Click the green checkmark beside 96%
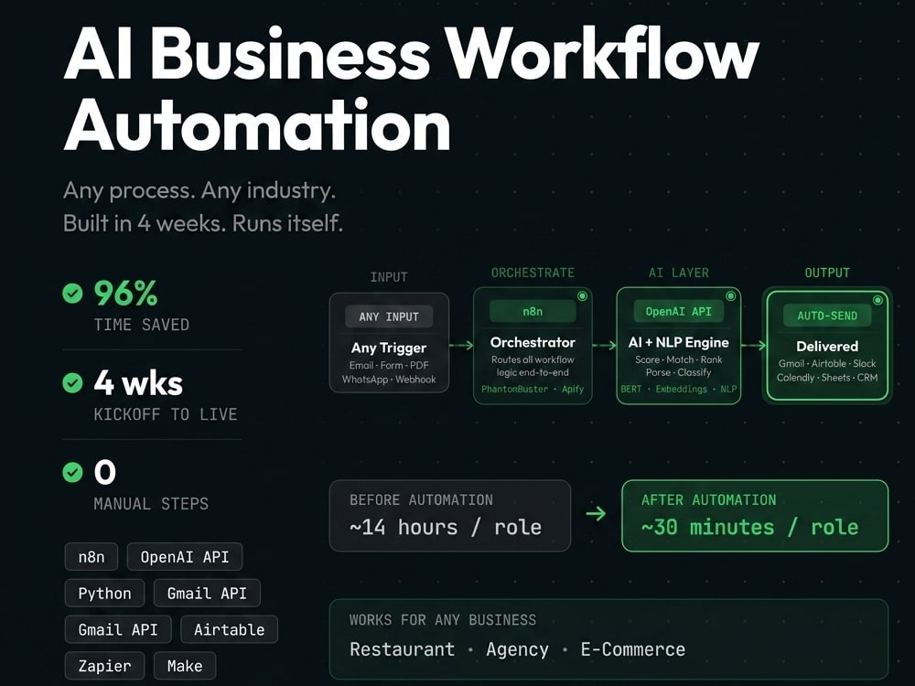(x=72, y=293)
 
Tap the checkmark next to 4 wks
(x=72, y=382)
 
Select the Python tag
(x=105, y=594)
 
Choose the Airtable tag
(x=230, y=629)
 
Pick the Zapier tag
(x=104, y=666)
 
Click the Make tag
(x=185, y=666)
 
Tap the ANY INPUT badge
(x=389, y=316)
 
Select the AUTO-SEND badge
(x=827, y=316)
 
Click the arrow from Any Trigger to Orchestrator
(x=461, y=346)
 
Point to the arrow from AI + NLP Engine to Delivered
(x=753, y=346)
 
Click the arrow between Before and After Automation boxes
(x=596, y=513)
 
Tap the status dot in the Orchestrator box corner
(x=582, y=296)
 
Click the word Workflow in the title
(x=601, y=54)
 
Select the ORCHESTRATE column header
(x=533, y=273)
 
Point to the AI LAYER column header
(x=679, y=273)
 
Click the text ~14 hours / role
(x=446, y=527)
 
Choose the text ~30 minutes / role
(x=750, y=527)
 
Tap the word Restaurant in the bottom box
(x=402, y=649)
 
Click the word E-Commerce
(x=633, y=649)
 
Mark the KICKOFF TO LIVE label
(x=166, y=414)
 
